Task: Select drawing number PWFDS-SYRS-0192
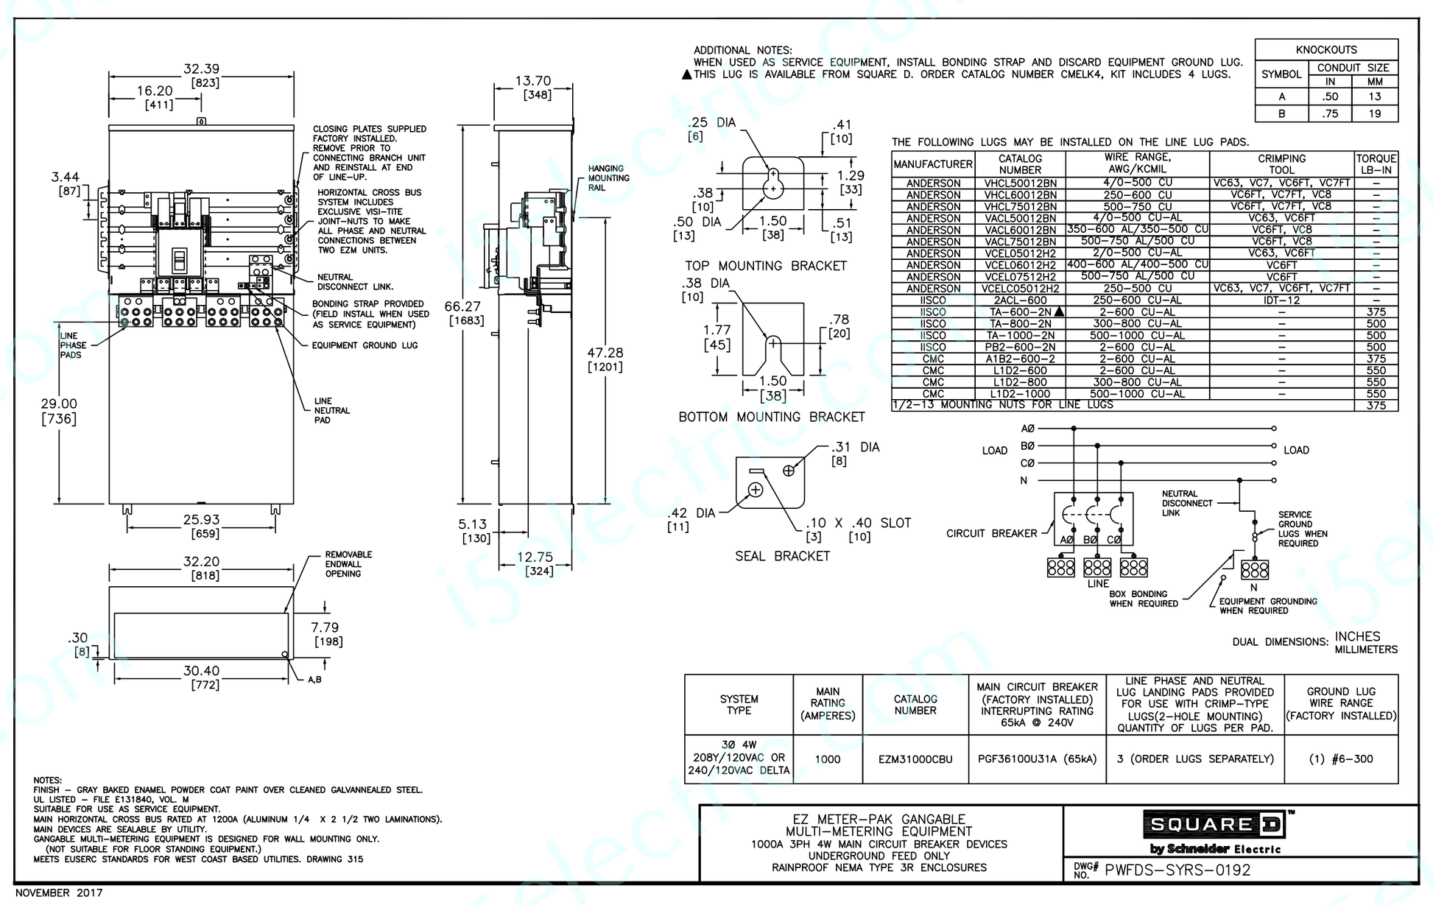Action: pos(1177,870)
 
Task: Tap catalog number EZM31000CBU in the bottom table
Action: pos(915,759)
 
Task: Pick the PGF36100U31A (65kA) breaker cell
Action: pos(1037,759)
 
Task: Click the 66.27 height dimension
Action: pos(462,306)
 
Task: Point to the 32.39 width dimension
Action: pos(201,69)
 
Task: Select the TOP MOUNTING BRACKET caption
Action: pos(766,266)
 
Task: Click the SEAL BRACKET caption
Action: pos(782,556)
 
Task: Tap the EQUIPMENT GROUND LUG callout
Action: pos(365,345)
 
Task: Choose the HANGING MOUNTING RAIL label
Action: pos(608,178)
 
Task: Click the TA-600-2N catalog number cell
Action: pos(1020,312)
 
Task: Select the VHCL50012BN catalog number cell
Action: pos(1020,183)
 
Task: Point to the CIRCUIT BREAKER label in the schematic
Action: pos(991,533)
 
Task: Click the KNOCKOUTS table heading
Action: pos(1325,50)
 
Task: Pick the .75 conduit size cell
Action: pos(1329,113)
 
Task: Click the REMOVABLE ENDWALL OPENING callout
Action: pos(348,564)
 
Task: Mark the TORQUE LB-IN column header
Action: pos(1376,163)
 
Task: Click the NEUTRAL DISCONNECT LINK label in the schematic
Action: pos(1186,504)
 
